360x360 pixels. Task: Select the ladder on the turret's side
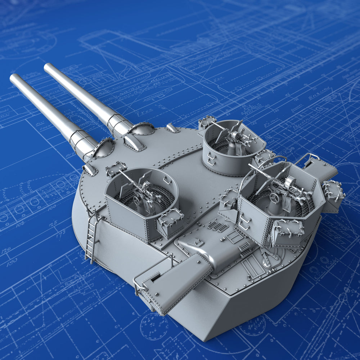pos(92,236)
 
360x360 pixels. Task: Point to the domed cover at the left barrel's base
pos(104,148)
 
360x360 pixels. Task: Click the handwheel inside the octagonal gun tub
pos(274,198)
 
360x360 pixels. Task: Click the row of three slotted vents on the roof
pos(218,227)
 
